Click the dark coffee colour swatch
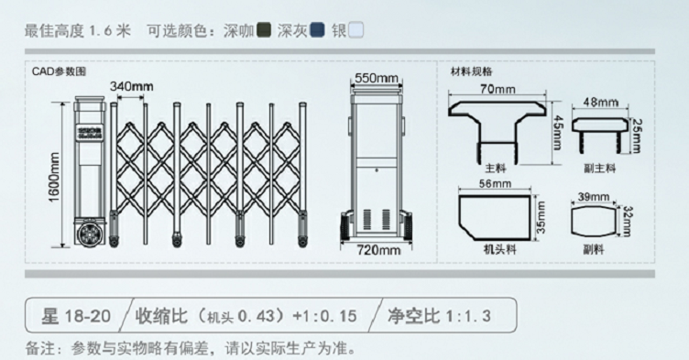(x=264, y=29)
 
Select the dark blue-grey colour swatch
(x=318, y=29)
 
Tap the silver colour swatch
(x=356, y=29)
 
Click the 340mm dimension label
(x=131, y=87)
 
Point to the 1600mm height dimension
(x=54, y=177)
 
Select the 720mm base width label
(x=378, y=249)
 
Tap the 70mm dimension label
(x=498, y=89)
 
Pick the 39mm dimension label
(x=594, y=197)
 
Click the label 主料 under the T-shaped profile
(x=497, y=169)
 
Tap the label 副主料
(x=600, y=169)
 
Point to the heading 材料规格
(x=473, y=71)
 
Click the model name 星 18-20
(x=76, y=317)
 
